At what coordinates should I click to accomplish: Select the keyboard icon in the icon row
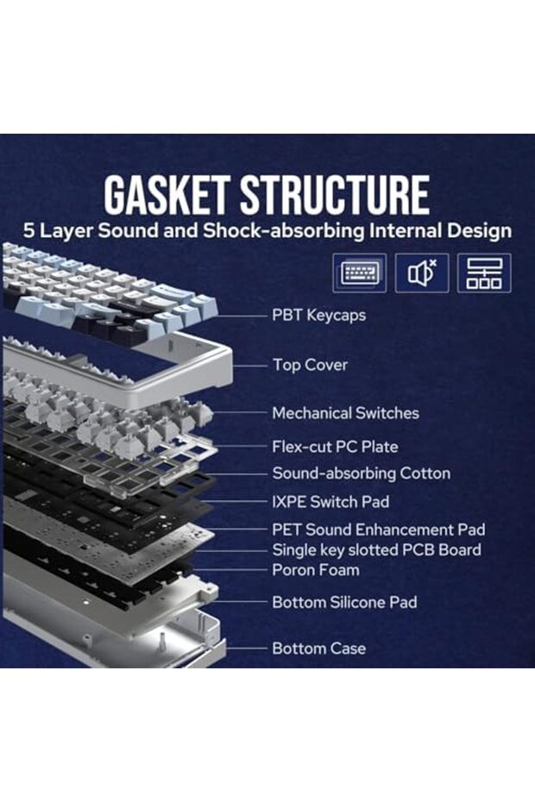[359, 273]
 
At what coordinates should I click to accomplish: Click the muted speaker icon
[422, 273]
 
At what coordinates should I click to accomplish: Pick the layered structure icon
[484, 273]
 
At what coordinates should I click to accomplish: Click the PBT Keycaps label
[318, 315]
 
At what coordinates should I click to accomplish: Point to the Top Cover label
[310, 365]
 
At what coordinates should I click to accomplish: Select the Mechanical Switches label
[345, 413]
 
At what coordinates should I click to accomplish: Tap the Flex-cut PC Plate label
[335, 447]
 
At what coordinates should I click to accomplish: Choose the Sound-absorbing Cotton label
[361, 473]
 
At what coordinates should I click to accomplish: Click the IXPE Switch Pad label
[330, 501]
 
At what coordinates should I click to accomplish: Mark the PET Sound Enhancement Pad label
[378, 529]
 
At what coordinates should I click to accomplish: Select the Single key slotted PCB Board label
[376, 549]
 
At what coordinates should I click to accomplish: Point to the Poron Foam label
[316, 570]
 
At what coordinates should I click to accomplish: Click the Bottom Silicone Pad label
[344, 602]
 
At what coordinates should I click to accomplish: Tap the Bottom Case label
[318, 648]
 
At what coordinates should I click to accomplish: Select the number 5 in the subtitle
[29, 231]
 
